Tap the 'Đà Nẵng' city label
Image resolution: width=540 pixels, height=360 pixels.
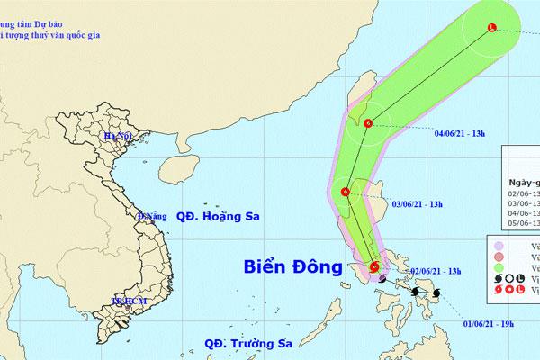pyautogui.click(x=150, y=217)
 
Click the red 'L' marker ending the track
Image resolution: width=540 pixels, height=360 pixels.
pyautogui.click(x=491, y=27)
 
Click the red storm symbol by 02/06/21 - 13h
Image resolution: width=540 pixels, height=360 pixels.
pyautogui.click(x=374, y=265)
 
